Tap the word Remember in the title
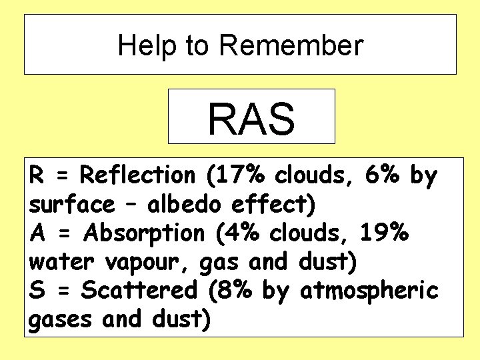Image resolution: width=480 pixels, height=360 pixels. click(x=291, y=45)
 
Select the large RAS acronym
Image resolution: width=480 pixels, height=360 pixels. click(x=251, y=118)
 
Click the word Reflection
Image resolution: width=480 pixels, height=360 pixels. click(x=137, y=175)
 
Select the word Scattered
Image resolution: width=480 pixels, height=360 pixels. click(x=138, y=291)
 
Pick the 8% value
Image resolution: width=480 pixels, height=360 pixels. click(x=237, y=291)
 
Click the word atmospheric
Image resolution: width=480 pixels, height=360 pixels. click(x=369, y=291)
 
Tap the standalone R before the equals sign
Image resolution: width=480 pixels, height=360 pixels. click(x=37, y=175)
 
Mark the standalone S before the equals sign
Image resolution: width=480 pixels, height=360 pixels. click(x=37, y=291)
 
